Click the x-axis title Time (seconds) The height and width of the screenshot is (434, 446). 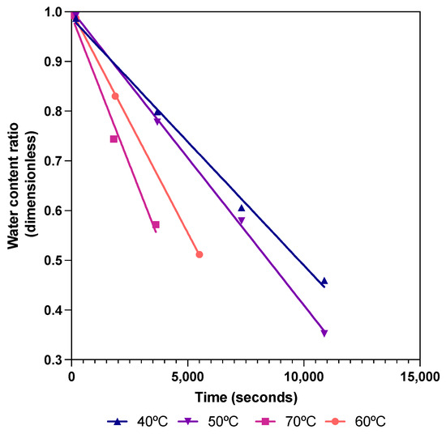click(x=245, y=398)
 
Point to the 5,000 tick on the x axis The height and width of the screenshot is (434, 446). click(x=187, y=376)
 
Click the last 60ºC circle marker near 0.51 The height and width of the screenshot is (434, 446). click(x=199, y=254)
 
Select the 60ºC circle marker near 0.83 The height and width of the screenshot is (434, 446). click(x=115, y=96)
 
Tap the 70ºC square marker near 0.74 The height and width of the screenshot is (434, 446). click(x=114, y=139)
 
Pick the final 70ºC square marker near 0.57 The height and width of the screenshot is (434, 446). click(x=156, y=224)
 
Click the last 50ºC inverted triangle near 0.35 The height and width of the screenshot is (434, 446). click(x=324, y=333)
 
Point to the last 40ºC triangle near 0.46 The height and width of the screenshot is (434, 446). click(x=324, y=281)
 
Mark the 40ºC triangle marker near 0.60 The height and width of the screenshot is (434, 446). click(x=241, y=208)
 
